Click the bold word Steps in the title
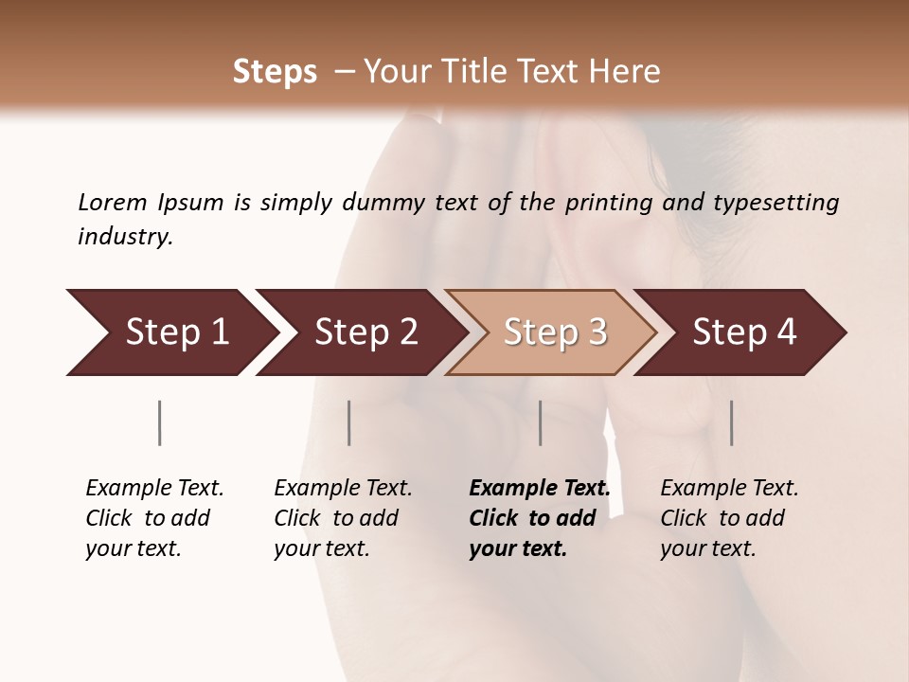tap(275, 72)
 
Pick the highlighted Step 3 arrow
tap(555, 332)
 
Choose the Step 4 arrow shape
tap(744, 332)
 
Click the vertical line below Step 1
tap(159, 422)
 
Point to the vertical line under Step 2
tap(349, 422)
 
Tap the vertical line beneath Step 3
tap(541, 422)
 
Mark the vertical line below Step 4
tap(732, 422)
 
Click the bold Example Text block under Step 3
tap(539, 518)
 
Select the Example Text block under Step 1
tap(154, 518)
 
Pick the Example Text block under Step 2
tap(343, 518)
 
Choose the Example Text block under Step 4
tap(729, 518)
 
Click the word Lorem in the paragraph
tap(112, 202)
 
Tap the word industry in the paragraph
tap(124, 237)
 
